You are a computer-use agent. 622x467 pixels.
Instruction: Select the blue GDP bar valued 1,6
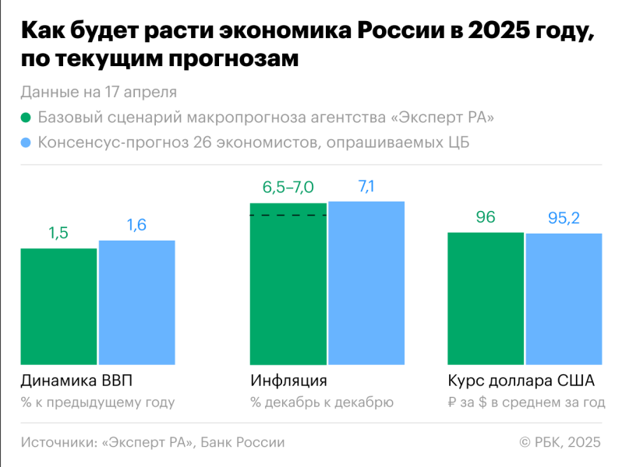coord(136,303)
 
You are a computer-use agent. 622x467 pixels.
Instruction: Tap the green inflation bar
coord(288,284)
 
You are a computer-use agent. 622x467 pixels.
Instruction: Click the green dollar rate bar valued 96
coord(486,298)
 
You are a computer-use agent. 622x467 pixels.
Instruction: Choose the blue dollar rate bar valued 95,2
coord(564,299)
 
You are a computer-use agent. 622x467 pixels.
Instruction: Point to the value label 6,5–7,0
coord(288,187)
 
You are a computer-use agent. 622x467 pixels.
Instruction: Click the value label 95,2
coord(564,218)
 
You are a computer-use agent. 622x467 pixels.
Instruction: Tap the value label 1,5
coord(58,233)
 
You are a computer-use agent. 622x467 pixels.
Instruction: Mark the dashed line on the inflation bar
coord(288,215)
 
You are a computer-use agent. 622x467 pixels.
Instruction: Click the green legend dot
coord(26,118)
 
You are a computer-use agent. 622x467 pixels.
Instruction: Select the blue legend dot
coord(26,142)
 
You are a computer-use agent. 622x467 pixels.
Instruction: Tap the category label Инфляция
coord(288,381)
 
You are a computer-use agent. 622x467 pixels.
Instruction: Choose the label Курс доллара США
coord(521,381)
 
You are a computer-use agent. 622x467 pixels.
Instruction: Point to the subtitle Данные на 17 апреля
coord(98,92)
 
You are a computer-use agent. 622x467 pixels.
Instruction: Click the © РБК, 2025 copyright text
coord(560,442)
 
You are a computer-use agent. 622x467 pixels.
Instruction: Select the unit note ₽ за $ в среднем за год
coord(526,402)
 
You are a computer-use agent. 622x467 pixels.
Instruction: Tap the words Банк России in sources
coord(242,442)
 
